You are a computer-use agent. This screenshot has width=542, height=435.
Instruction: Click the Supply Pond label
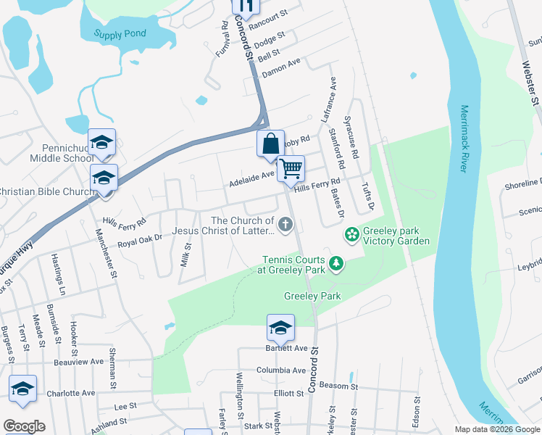[x=120, y=33]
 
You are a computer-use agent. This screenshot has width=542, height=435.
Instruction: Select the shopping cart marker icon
[x=291, y=168]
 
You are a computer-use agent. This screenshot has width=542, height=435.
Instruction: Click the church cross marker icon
[x=285, y=225]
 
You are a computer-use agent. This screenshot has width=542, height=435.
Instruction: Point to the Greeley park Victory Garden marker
[x=351, y=234]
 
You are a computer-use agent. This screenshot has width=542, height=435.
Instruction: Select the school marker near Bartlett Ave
[x=280, y=328]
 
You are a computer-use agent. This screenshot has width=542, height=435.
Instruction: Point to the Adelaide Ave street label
[x=251, y=174]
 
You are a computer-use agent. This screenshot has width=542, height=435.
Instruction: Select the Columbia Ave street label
[x=280, y=370]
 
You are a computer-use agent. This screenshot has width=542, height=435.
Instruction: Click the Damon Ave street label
[x=281, y=67]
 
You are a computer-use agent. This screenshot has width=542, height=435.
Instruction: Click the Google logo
[x=24, y=426]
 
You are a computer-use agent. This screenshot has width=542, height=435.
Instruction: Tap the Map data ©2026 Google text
[x=496, y=429]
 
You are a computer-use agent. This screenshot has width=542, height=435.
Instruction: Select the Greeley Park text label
[x=312, y=296]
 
